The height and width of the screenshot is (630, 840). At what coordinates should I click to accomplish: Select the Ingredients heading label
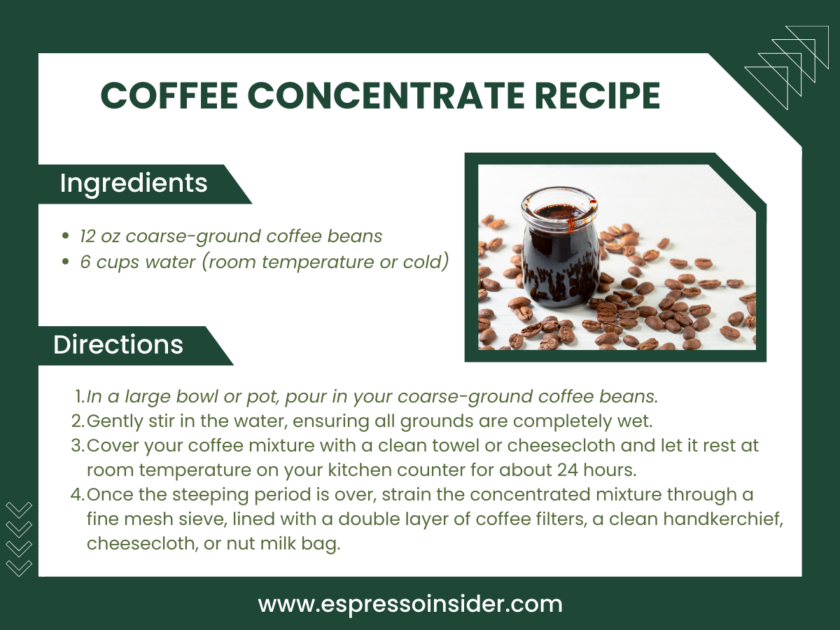134,183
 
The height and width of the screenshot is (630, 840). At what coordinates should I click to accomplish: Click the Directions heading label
118,345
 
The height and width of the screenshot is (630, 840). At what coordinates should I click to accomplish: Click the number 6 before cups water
85,262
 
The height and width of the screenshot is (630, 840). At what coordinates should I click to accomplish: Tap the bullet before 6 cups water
66,262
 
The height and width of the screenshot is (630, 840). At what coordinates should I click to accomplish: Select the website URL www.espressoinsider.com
410,604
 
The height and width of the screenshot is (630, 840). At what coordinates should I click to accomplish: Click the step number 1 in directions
78,397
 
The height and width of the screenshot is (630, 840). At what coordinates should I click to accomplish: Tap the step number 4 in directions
77,495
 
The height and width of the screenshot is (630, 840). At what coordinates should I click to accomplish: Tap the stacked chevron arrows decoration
18,538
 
